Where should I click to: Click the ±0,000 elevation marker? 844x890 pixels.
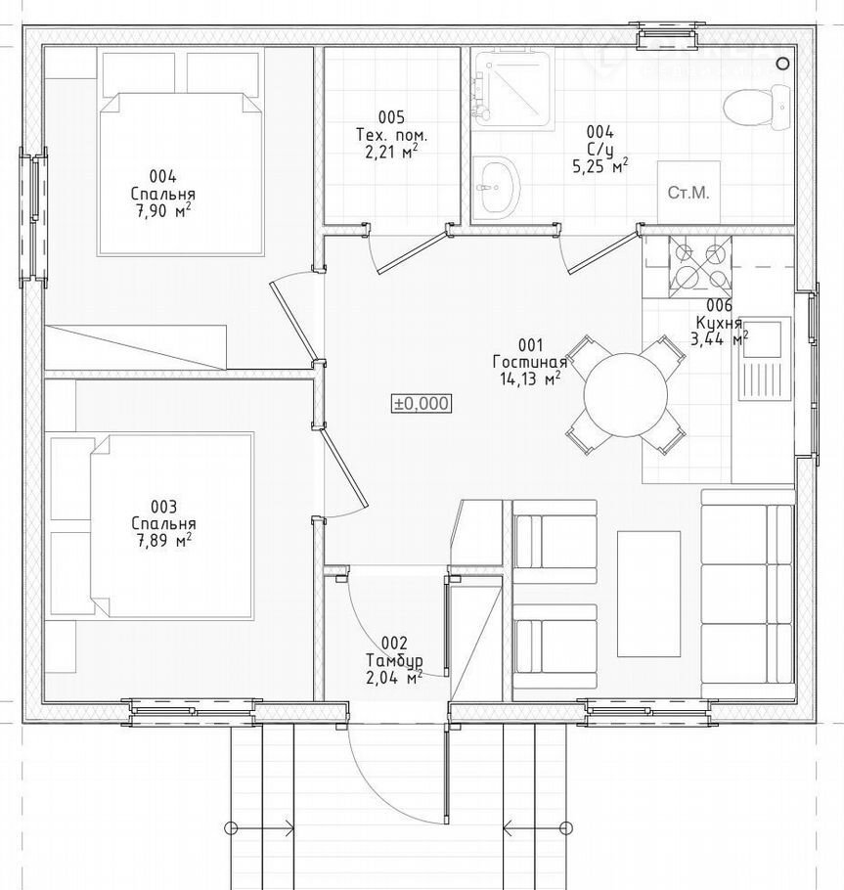pyautogui.click(x=422, y=404)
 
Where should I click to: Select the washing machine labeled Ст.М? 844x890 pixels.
pyautogui.click(x=689, y=193)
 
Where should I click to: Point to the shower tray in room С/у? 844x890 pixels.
pyautogui.click(x=511, y=89)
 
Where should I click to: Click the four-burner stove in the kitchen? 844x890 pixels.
pyautogui.click(x=700, y=267)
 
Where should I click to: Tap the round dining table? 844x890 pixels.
pyautogui.click(x=626, y=395)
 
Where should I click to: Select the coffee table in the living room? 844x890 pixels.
pyautogui.click(x=648, y=594)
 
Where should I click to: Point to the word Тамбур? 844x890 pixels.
pyautogui.click(x=394, y=661)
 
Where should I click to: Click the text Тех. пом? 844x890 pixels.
pyautogui.click(x=391, y=135)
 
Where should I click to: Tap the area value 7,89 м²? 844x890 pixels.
pyautogui.click(x=163, y=539)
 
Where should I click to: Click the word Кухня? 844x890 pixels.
pyautogui.click(x=719, y=323)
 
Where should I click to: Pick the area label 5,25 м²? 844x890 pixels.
pyautogui.click(x=600, y=165)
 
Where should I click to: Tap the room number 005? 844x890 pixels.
pyautogui.click(x=391, y=117)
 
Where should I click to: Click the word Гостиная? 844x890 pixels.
pyautogui.click(x=530, y=362)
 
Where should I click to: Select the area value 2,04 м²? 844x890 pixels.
pyautogui.click(x=394, y=678)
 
